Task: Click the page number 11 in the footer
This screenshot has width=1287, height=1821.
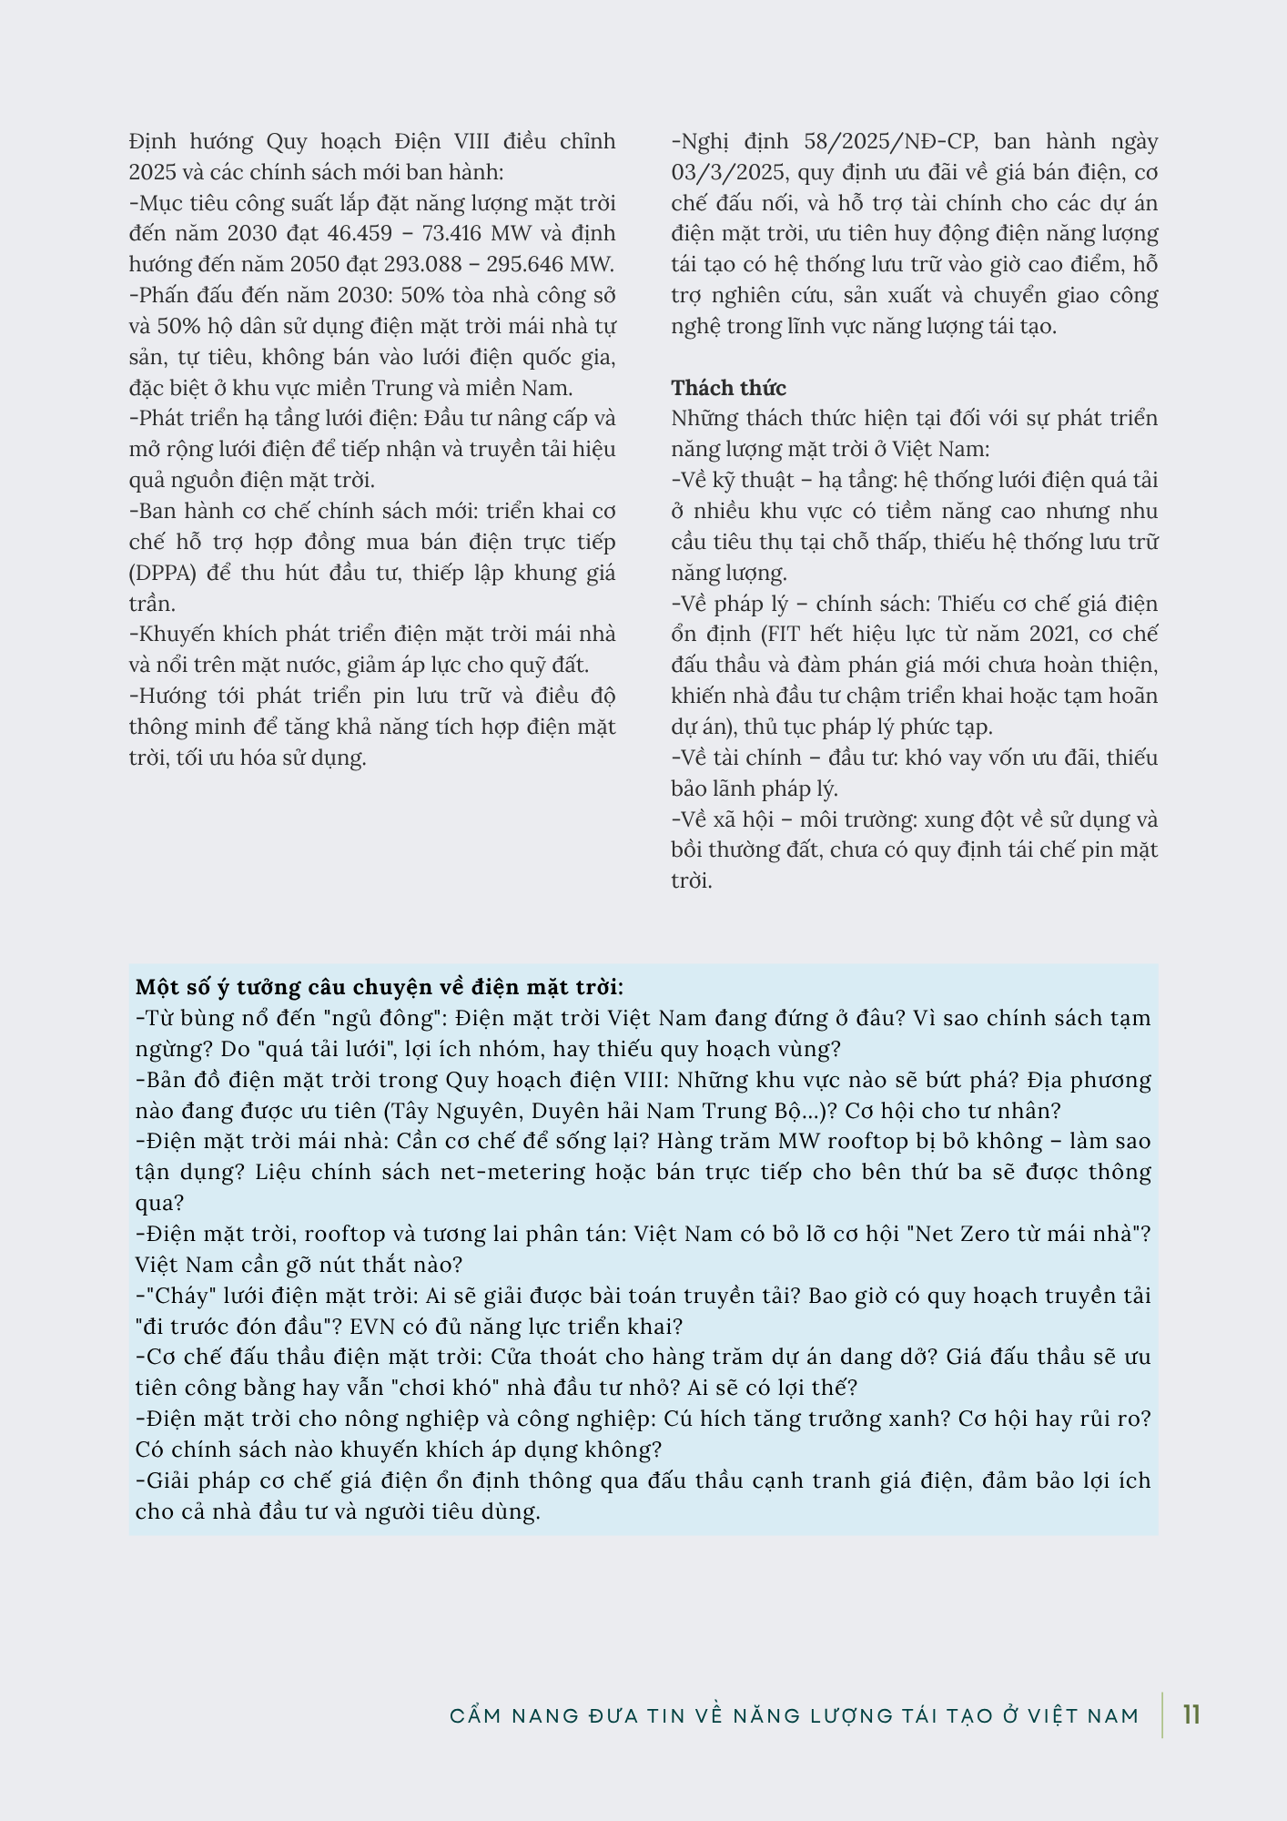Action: pyautogui.click(x=1191, y=1715)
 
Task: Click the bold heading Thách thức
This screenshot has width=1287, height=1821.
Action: pyautogui.click(x=728, y=388)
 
